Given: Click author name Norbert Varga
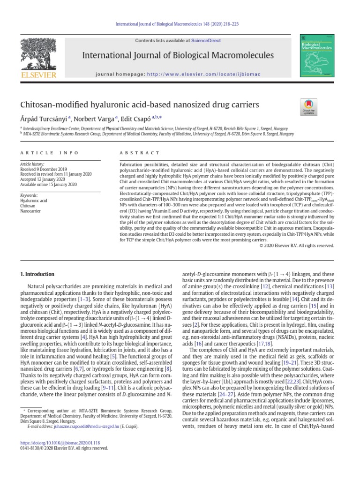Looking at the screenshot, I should pos(95,119).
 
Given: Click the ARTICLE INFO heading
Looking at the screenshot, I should pos(45,152).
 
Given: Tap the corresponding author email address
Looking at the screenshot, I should pos(70,427).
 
